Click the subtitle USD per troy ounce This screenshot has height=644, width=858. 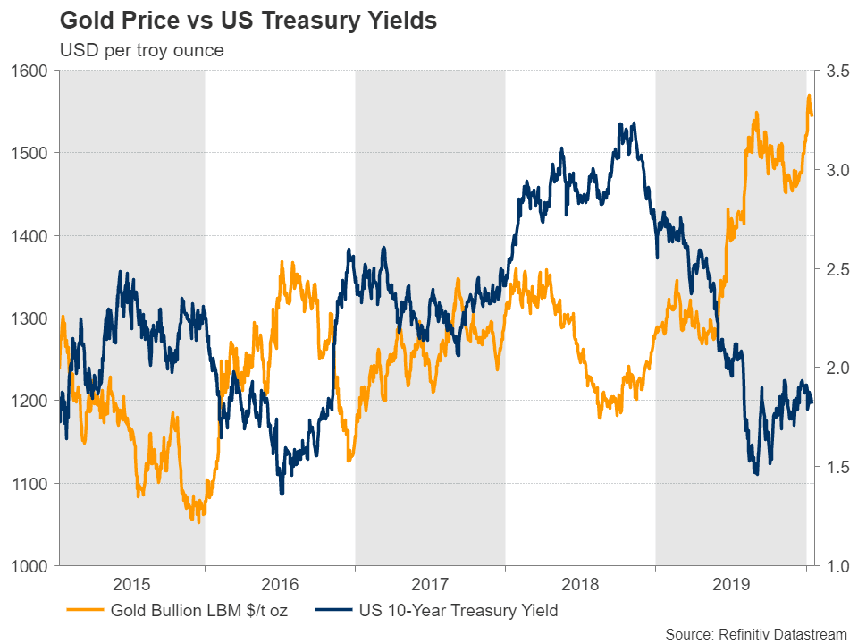(141, 50)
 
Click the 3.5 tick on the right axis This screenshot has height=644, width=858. (833, 71)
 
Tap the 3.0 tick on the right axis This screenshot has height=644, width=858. (833, 170)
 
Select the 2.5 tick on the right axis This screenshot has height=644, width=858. (833, 269)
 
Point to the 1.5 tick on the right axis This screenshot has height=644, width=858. (833, 467)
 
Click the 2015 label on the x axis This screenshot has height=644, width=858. (131, 587)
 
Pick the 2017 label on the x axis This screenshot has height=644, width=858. (430, 587)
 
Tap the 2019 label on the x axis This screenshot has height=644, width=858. (730, 587)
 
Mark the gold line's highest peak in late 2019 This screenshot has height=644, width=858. (809, 95)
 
